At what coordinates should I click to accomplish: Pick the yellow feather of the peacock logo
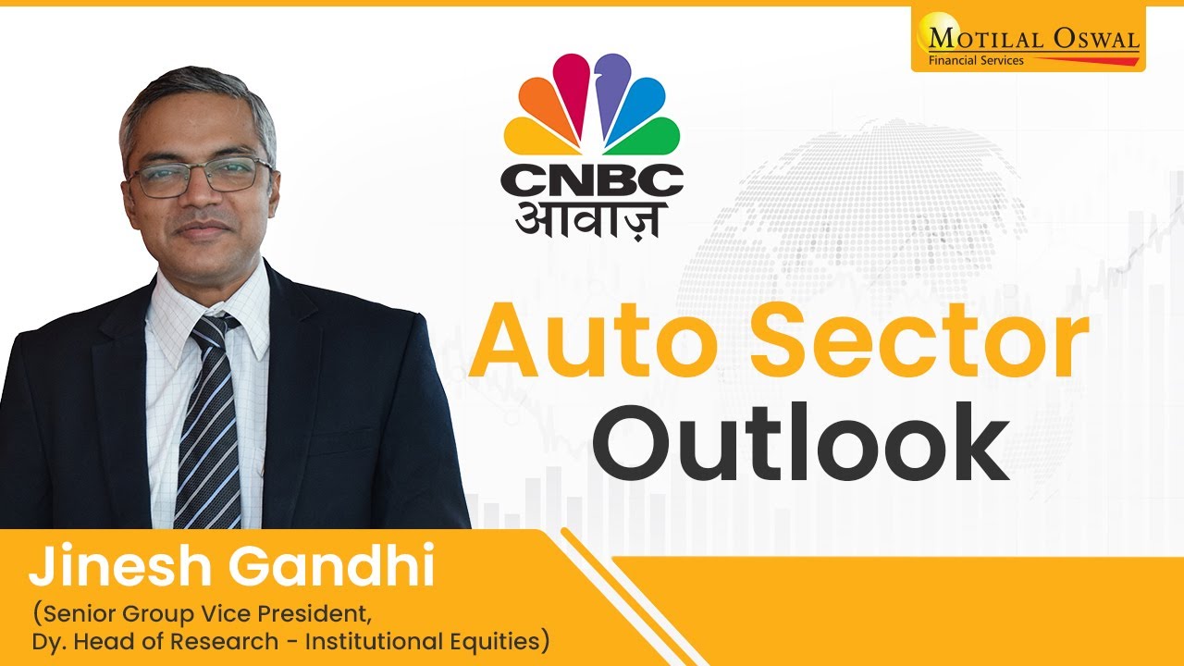(527, 137)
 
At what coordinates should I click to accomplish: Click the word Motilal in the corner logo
(979, 40)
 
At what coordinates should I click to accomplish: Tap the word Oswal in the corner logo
(1091, 40)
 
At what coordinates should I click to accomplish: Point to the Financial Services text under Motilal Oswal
(968, 61)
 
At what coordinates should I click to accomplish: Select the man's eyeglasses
(200, 176)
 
